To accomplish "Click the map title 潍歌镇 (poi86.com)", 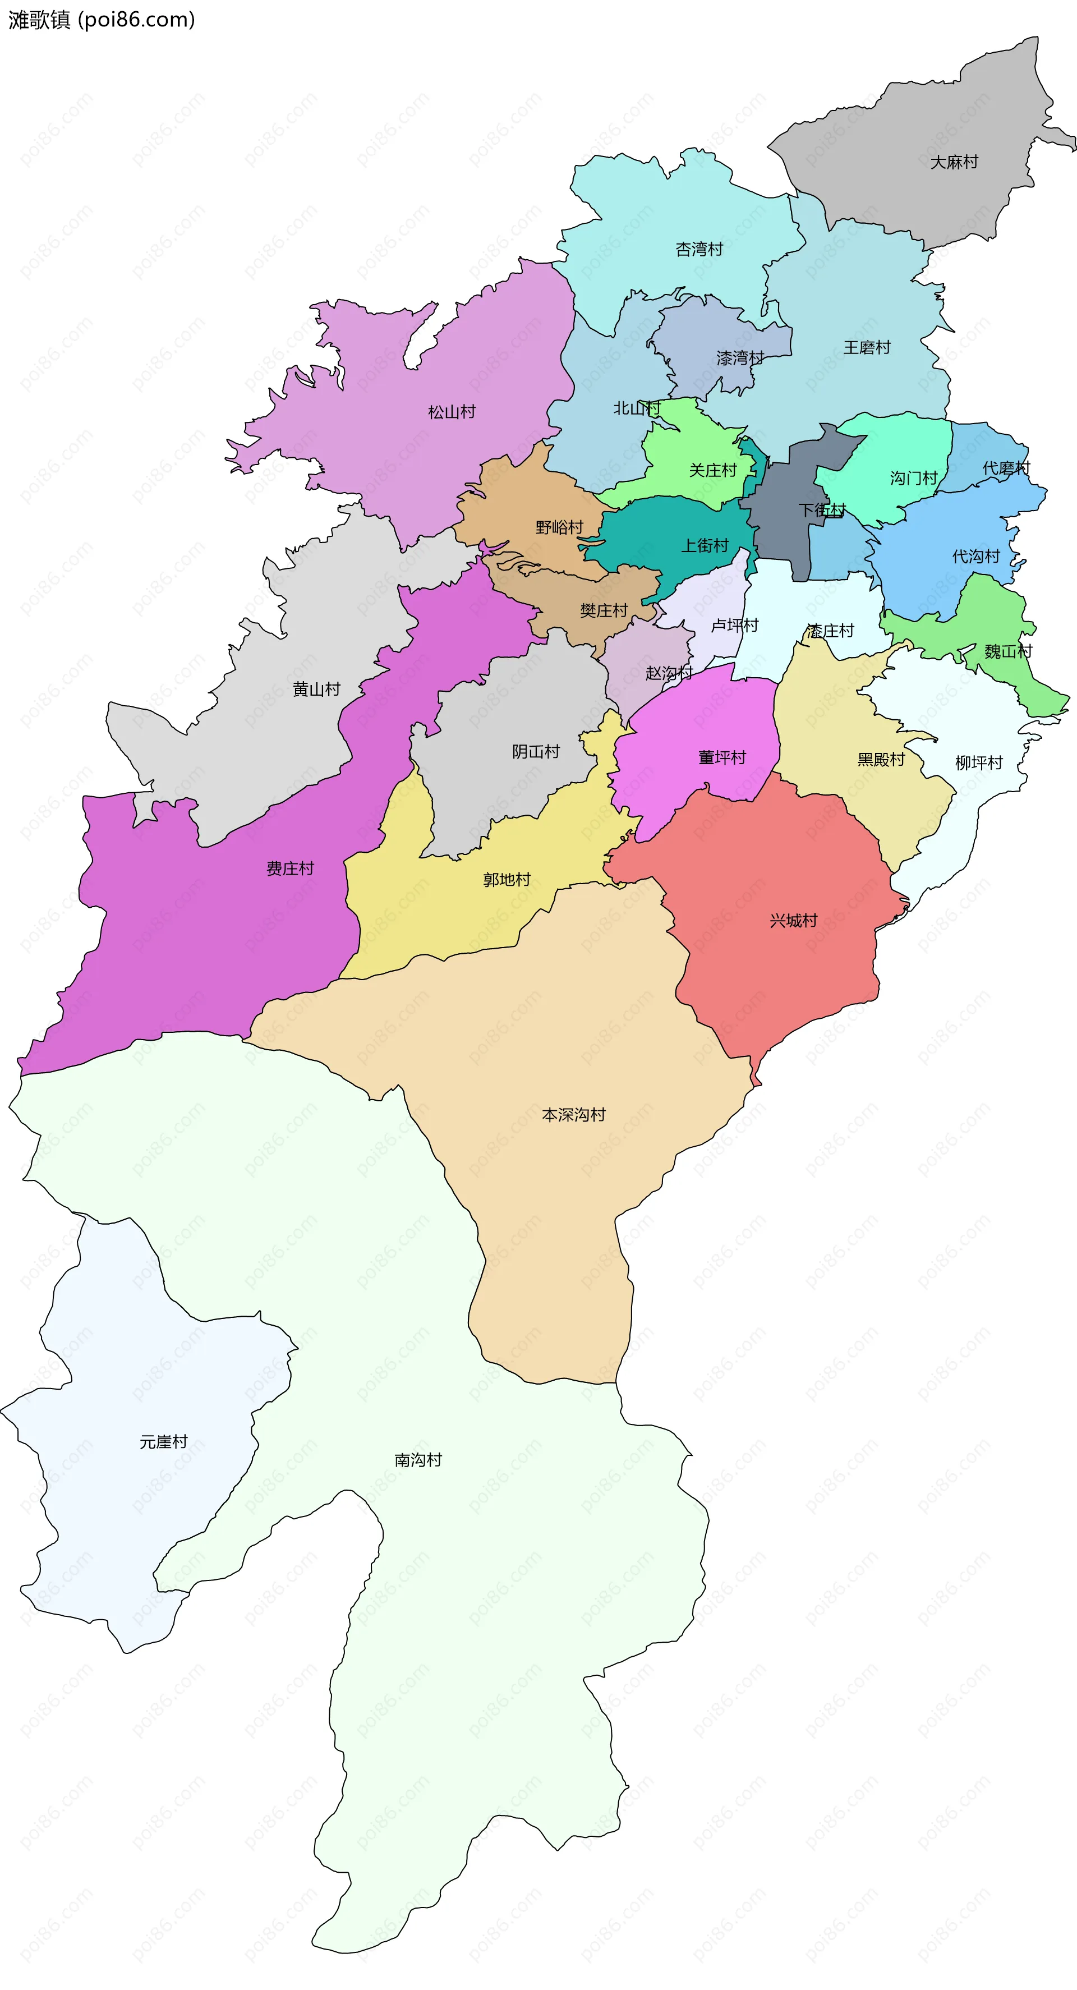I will click(x=101, y=19).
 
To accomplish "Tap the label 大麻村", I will click(x=954, y=162).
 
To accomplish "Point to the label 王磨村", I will click(x=866, y=348).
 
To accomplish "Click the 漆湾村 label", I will click(x=739, y=359).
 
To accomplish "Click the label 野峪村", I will click(x=559, y=527).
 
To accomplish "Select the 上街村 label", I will click(x=705, y=546).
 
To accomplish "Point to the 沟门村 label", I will click(x=913, y=478).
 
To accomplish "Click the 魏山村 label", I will click(x=1007, y=652).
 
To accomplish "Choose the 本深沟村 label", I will click(x=573, y=1115).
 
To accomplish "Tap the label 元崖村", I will click(x=163, y=1441).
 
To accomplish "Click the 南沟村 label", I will click(x=418, y=1460).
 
